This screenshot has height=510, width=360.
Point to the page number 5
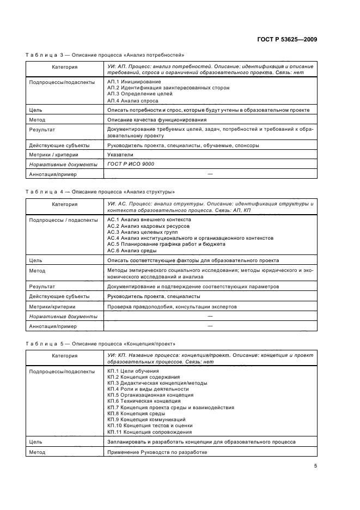pos(315,466)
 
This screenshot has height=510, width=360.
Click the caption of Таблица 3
pos(105,55)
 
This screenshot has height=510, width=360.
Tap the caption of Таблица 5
pos(104,344)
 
